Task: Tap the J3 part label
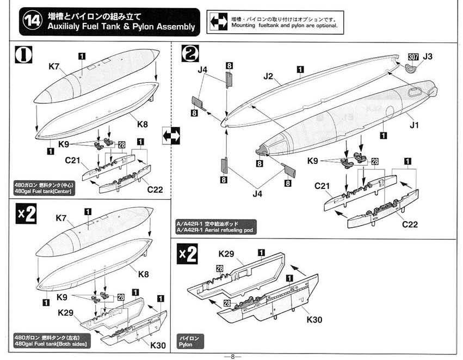428,57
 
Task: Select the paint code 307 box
413,57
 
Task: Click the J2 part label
268,77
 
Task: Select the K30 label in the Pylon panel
314,319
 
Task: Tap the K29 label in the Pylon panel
226,254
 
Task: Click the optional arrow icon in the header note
219,22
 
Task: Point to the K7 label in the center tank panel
53,66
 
